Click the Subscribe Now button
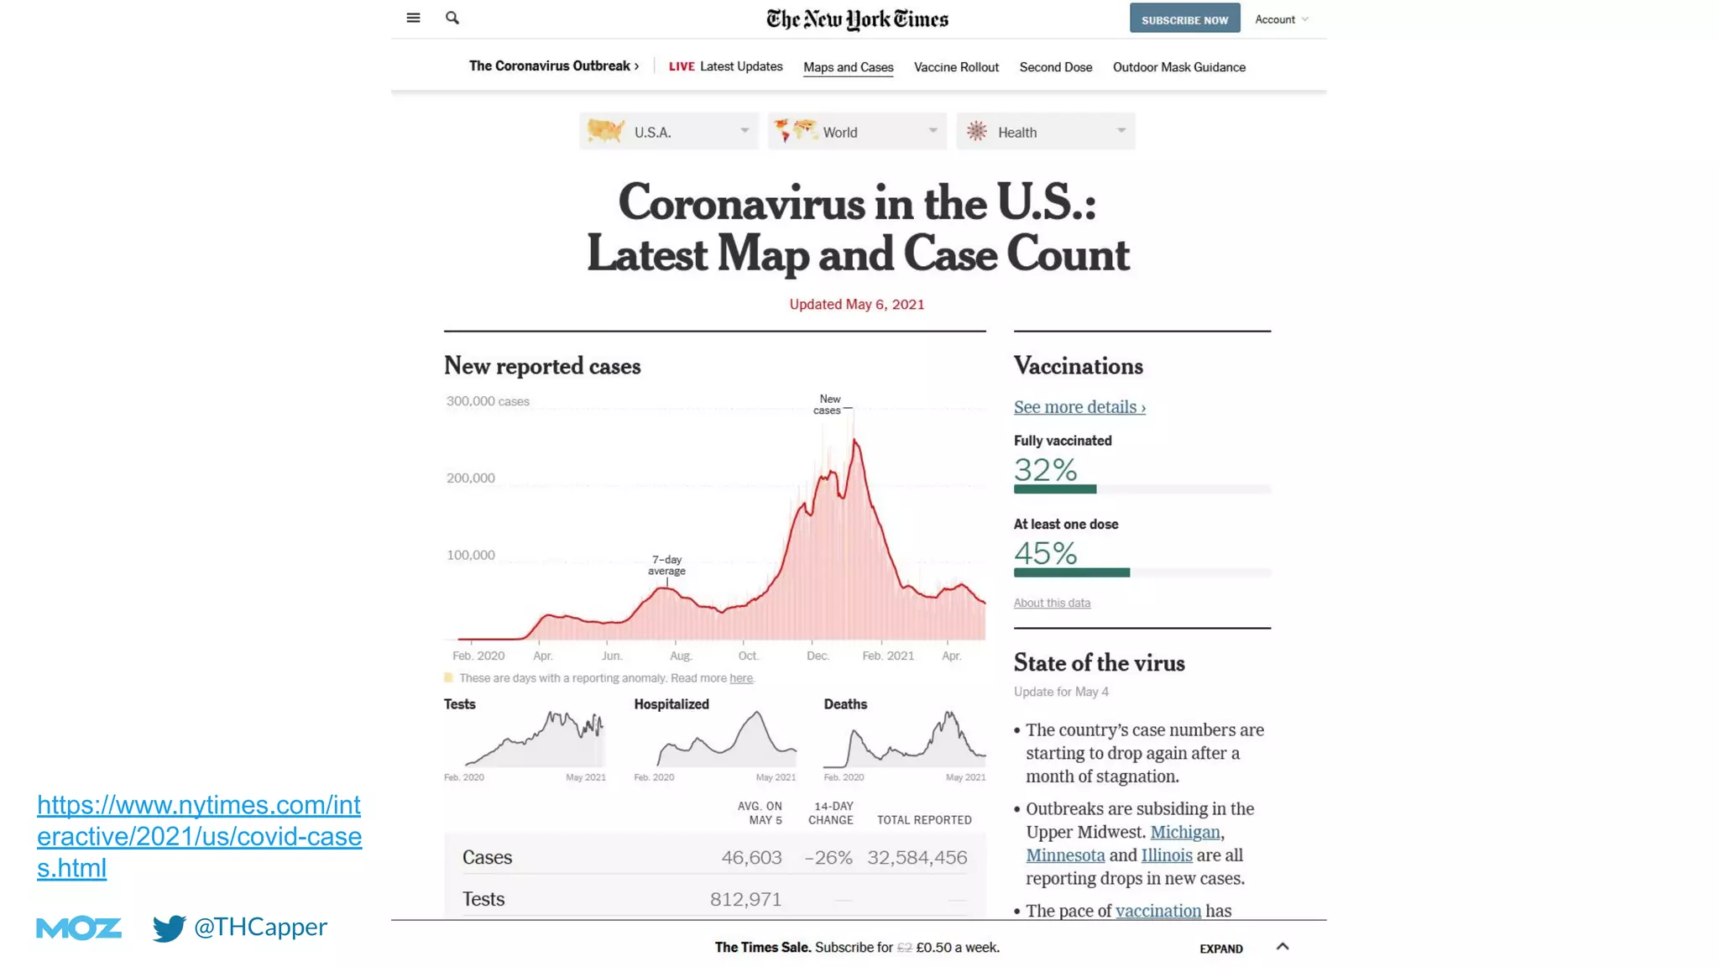(1184, 19)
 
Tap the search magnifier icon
(452, 18)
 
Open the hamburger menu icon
(413, 18)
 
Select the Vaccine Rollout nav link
(956, 67)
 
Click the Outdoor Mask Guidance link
(1178, 67)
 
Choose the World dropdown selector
(856, 132)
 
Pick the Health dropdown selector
(1045, 132)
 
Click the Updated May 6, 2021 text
(856, 305)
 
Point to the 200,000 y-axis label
(471, 478)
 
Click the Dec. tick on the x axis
(817, 656)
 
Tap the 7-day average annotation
(666, 565)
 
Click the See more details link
(1079, 407)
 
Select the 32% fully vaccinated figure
(1045, 470)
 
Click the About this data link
(1052, 603)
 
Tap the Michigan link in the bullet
(1184, 832)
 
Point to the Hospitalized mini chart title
(671, 704)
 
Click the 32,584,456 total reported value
(917, 858)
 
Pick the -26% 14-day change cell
(828, 858)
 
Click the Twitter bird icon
(169, 928)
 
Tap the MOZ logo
(79, 928)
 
